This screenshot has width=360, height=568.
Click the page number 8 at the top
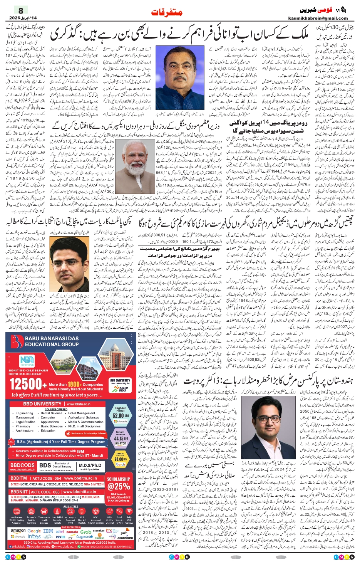(x=21, y=10)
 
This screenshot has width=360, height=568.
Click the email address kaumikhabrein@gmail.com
(x=318, y=18)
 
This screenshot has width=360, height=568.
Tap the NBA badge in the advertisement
(x=27, y=361)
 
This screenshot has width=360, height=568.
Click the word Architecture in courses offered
(x=24, y=431)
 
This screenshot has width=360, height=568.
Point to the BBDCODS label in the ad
(x=22, y=465)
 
